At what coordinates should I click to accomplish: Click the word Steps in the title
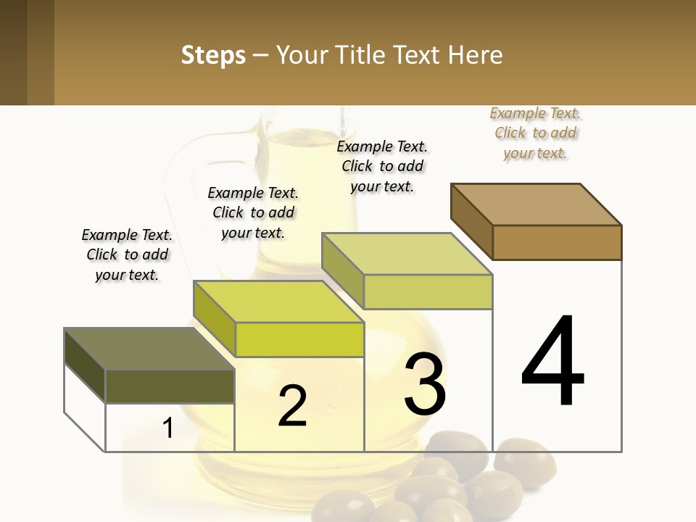[213, 55]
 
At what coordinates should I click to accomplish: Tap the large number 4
[552, 362]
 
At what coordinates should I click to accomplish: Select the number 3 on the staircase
[425, 385]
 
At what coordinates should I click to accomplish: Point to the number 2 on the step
[292, 406]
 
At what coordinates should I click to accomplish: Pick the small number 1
[167, 428]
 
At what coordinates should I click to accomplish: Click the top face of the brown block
[536, 204]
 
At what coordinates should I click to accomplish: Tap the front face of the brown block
[557, 242]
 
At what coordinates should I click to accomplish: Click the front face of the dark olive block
[170, 386]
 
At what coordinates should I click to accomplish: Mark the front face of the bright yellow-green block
[299, 339]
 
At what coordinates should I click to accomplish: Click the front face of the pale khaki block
[428, 291]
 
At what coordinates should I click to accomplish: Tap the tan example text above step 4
[535, 133]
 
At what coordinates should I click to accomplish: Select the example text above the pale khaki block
[382, 166]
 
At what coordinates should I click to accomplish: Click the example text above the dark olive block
[127, 254]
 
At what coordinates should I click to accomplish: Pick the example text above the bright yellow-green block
[253, 212]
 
